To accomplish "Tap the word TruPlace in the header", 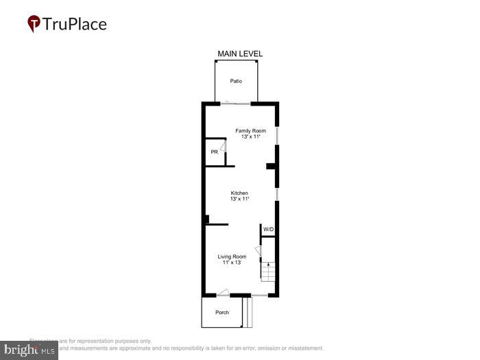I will [x=75, y=25].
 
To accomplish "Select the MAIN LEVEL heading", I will [x=240, y=53].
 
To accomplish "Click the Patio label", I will [x=236, y=82].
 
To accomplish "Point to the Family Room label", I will [x=250, y=131].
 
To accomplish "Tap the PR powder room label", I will [x=214, y=152].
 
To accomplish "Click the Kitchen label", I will [x=239, y=193].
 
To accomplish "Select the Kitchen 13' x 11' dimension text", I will [x=239, y=199].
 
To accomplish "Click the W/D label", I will [x=269, y=229].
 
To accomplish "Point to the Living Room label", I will [x=232, y=256].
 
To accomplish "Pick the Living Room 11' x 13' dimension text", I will [x=232, y=262].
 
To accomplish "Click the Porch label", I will [x=222, y=313].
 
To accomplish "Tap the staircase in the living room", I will [x=268, y=271].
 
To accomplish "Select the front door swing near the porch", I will [x=223, y=292].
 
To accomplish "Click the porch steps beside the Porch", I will [x=248, y=312].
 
